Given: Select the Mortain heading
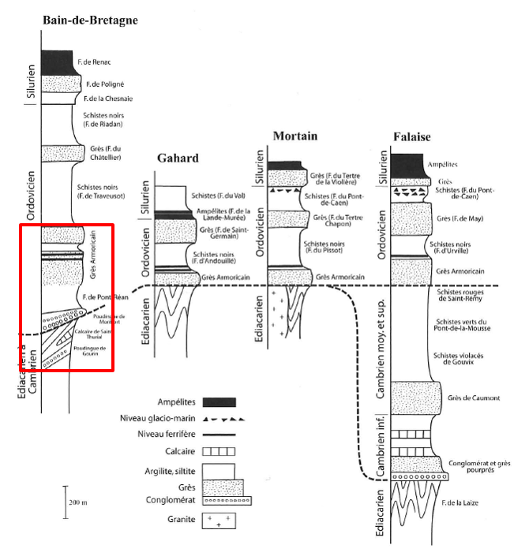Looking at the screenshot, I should point(295,136).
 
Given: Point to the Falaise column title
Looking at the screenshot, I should point(411,137).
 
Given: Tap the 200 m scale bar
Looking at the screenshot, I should point(66,502).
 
